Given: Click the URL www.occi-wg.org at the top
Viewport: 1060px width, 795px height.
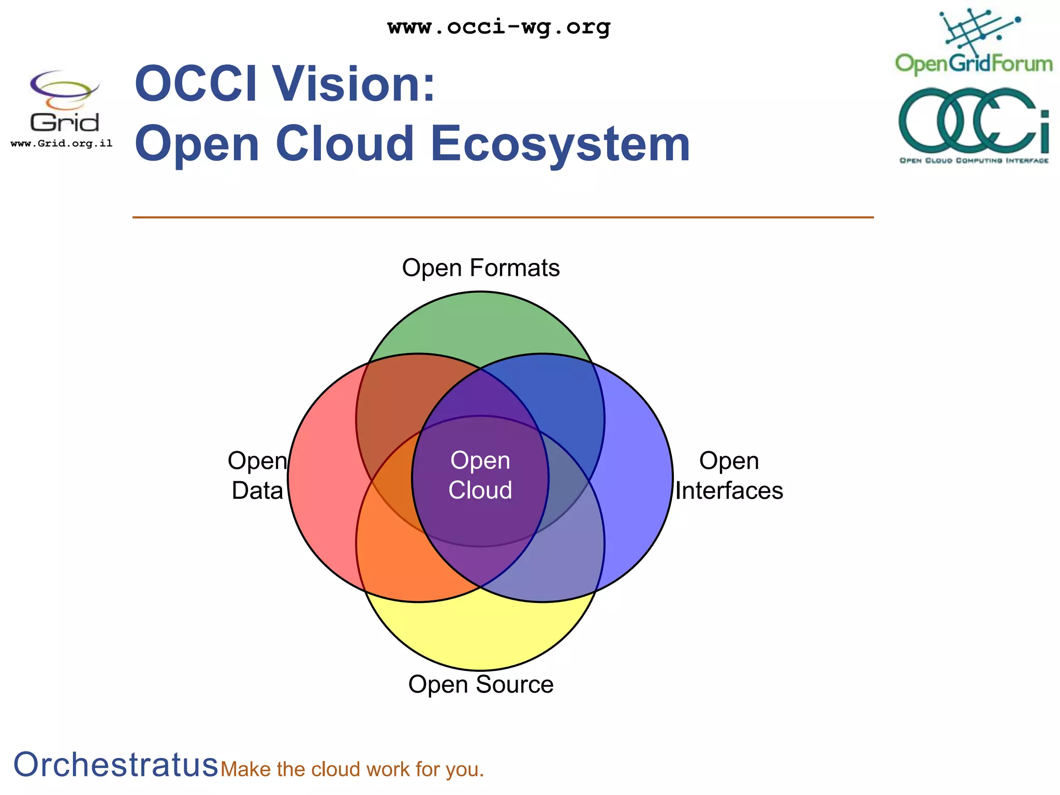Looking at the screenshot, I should [x=499, y=27].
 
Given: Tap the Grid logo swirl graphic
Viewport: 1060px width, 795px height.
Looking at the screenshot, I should [x=63, y=89].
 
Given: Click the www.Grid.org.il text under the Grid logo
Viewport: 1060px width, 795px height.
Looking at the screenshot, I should [x=62, y=143].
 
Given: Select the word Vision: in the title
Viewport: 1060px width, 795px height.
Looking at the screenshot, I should [x=354, y=84].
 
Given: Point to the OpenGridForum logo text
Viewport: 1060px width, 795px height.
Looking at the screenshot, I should [x=974, y=64].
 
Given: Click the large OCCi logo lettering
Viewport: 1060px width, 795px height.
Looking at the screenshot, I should [x=973, y=120].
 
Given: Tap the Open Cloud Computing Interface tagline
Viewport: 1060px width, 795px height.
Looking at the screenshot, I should [x=974, y=160].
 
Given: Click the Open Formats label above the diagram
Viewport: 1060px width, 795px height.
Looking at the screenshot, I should [x=481, y=268].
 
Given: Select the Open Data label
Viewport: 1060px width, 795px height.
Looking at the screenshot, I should [x=257, y=475].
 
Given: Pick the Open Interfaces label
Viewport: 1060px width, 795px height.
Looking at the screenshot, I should [x=729, y=475].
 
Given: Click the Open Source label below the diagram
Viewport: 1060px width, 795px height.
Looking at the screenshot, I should [x=481, y=684].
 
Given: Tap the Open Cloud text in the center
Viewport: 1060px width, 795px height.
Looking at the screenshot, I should [x=480, y=475].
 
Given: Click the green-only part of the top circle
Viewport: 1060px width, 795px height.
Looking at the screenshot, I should [x=480, y=326].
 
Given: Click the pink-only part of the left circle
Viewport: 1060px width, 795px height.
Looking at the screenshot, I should [x=321, y=476].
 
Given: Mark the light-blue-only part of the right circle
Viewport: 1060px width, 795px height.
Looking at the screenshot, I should [x=639, y=476].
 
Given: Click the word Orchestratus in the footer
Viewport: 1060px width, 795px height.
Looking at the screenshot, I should [x=116, y=764].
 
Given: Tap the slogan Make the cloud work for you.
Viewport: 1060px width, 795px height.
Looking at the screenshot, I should [x=352, y=770].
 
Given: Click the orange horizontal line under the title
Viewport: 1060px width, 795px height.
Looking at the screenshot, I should [x=502, y=217].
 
